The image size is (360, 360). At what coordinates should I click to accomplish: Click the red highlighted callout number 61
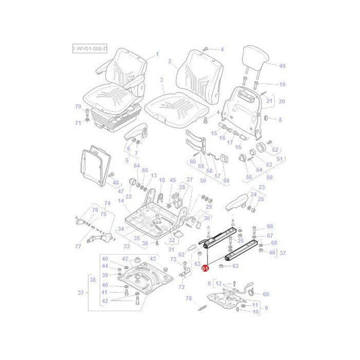tap(205, 267)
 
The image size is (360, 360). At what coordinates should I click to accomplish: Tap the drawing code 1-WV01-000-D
tap(91, 50)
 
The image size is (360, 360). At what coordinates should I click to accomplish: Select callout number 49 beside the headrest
tap(282, 66)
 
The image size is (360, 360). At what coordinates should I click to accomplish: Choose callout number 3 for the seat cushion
tap(162, 80)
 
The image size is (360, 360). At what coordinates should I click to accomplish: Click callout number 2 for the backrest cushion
tap(170, 61)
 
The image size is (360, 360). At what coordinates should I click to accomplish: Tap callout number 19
tap(282, 84)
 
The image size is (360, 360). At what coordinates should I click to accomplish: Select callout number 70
tap(78, 107)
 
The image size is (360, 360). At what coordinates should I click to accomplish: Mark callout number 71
tap(78, 122)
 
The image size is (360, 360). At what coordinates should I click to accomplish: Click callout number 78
tap(188, 298)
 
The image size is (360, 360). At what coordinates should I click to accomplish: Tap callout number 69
tap(265, 294)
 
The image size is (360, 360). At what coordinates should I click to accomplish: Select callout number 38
tap(93, 279)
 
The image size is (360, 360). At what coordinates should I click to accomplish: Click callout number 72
tap(181, 287)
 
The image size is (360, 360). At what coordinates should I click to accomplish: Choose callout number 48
tap(115, 182)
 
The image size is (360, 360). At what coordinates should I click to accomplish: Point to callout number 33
tap(126, 247)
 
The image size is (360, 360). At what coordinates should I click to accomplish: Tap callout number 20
tap(282, 101)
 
